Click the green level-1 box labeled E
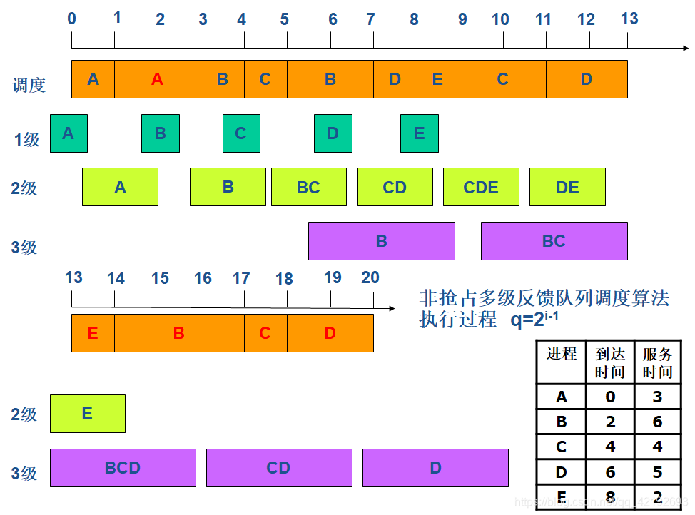pyautogui.click(x=419, y=133)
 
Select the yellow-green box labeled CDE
pyautogui.click(x=481, y=188)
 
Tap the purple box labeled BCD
pyautogui.click(x=123, y=468)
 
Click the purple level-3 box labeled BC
pyautogui.click(x=554, y=241)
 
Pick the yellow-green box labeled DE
pyautogui.click(x=567, y=188)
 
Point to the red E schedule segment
pyautogui.click(x=93, y=333)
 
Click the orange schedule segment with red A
pyautogui.click(x=158, y=79)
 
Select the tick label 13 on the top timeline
pyautogui.click(x=629, y=19)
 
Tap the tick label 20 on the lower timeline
pyautogui.click(x=370, y=277)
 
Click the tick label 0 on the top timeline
pyautogui.click(x=72, y=19)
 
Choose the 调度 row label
pyautogui.click(x=29, y=86)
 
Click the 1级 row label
pyautogui.click(x=27, y=140)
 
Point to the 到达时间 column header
pyautogui.click(x=610, y=362)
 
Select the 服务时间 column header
pyautogui.click(x=657, y=362)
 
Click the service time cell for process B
pyautogui.click(x=657, y=422)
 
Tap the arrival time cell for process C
pyautogui.click(x=610, y=447)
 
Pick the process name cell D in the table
pyautogui.click(x=562, y=471)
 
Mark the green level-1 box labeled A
pyautogui.click(x=69, y=133)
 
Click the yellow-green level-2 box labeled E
pyautogui.click(x=87, y=414)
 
